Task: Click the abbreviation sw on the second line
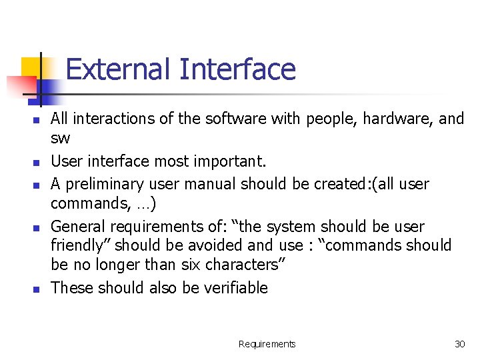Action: [60, 138]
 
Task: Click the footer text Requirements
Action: [267, 344]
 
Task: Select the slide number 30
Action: [459, 344]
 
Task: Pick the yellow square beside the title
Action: [32, 69]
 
